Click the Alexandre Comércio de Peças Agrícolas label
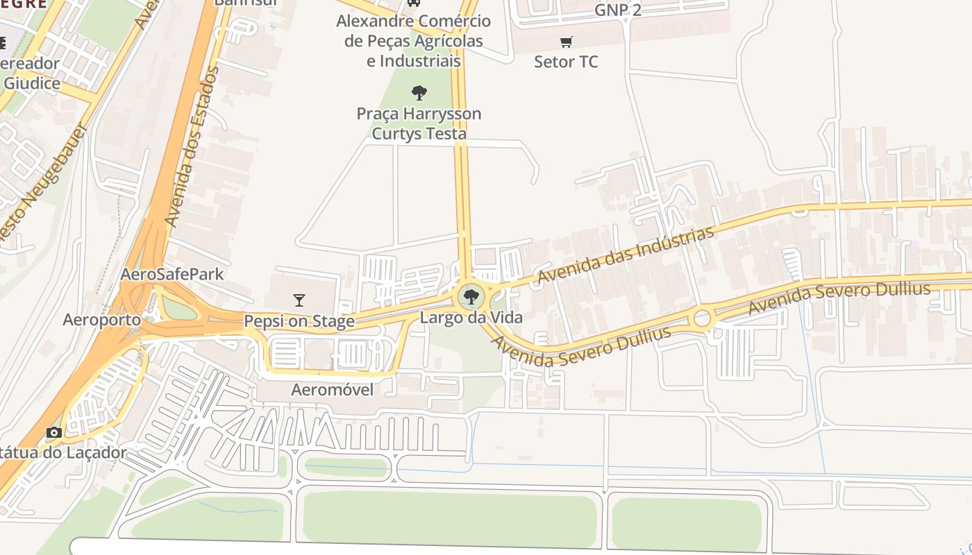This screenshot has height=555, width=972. coord(414,41)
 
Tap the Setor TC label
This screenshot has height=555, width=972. coord(566,62)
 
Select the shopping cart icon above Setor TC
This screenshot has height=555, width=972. coord(567,42)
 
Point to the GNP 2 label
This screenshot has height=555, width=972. coord(618,10)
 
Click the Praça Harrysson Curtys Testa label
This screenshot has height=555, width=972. coord(419,123)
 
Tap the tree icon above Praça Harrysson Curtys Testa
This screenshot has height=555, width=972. coord(419,93)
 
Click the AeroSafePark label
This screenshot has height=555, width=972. coord(172,274)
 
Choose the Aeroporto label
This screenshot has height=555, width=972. coord(101,320)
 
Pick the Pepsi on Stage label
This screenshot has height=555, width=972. coord(299,321)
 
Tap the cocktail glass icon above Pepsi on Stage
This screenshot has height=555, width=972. coord(299,300)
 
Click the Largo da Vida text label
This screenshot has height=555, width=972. coord(471,318)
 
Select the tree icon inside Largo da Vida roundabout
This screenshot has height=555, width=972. coord(471,298)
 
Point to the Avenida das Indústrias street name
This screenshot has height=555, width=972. coord(626,255)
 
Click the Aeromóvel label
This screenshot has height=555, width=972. coord(332,390)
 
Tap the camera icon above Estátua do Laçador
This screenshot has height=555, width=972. coord(54,433)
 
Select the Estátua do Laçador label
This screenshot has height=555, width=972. coord(62,453)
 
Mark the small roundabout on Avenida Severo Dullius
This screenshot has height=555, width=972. coord(702,318)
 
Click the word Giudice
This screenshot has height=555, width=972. coord(32,83)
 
